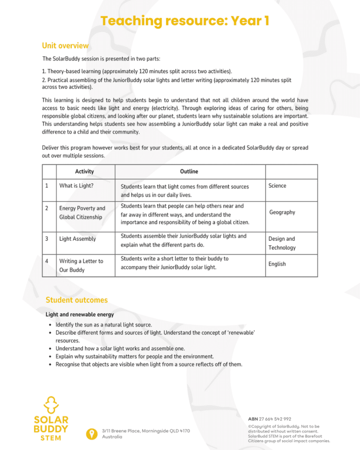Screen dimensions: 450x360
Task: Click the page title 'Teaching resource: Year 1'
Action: click(x=185, y=21)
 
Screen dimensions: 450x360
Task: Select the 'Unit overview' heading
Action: click(x=65, y=46)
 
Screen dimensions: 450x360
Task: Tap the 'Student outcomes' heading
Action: click(x=76, y=300)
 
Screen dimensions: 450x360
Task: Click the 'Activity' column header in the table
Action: click(x=84, y=171)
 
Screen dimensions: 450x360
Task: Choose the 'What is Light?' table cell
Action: click(x=76, y=186)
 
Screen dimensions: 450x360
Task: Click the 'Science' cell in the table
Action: click(x=277, y=186)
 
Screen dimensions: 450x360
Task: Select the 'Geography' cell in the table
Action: click(x=282, y=212)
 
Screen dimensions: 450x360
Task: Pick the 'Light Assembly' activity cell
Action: click(x=77, y=239)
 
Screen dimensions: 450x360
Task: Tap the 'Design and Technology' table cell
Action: click(x=282, y=243)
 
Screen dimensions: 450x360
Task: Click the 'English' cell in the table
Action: click(x=277, y=264)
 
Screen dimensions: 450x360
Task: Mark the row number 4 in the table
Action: click(x=47, y=261)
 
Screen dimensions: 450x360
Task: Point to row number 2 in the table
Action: click(x=47, y=208)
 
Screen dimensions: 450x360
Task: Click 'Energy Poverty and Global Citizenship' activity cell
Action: click(x=82, y=213)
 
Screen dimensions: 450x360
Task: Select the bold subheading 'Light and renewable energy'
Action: click(x=80, y=315)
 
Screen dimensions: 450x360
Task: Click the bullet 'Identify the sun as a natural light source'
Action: click(x=104, y=325)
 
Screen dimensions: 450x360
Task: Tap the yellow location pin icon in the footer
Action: click(x=91, y=434)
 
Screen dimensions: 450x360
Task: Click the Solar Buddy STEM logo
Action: click(x=51, y=418)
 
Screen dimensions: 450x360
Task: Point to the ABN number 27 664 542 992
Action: click(x=269, y=419)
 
